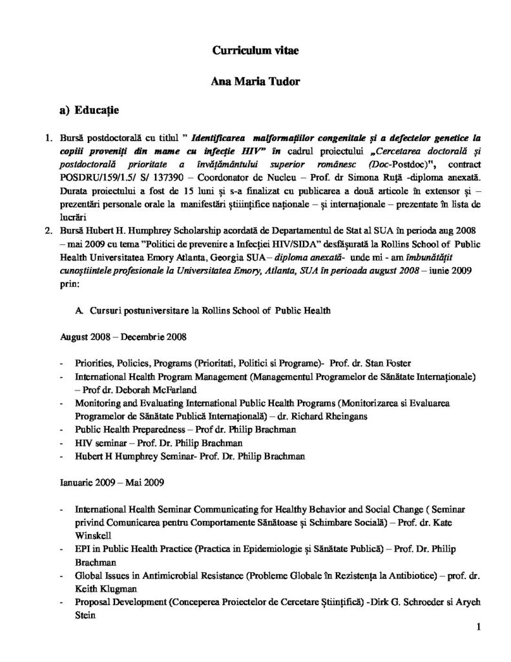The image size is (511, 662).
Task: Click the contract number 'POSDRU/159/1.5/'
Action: coord(78,176)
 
